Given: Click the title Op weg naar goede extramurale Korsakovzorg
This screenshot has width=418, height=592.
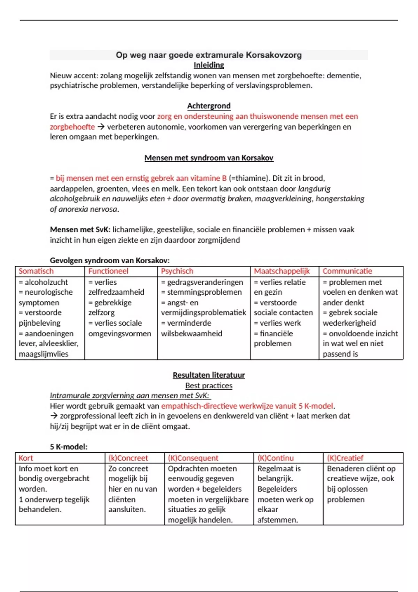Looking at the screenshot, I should pyautogui.click(x=209, y=55).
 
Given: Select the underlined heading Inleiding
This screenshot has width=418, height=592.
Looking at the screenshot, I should pyautogui.click(x=209, y=65).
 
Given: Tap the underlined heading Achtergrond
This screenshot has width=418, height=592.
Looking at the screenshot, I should pyautogui.click(x=209, y=106).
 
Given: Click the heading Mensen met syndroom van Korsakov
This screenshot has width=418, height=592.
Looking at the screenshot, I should pyautogui.click(x=209, y=158).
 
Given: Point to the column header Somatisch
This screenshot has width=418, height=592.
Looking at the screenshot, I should pyautogui.click(x=36, y=271).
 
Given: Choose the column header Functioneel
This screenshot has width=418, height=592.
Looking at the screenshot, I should pyautogui.click(x=108, y=271).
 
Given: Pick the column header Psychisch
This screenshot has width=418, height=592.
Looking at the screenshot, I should pyautogui.click(x=177, y=271).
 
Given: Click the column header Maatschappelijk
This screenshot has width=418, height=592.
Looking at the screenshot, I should pyautogui.click(x=281, y=271).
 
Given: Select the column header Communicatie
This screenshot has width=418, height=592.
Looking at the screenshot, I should pyautogui.click(x=347, y=271).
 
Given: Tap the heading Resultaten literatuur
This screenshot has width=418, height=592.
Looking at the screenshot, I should pyautogui.click(x=209, y=375).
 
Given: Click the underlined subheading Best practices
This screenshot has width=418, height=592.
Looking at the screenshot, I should pyautogui.click(x=209, y=385).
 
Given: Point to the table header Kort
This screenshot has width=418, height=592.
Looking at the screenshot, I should pyautogui.click(x=26, y=458).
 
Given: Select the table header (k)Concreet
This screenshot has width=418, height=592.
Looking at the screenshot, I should pyautogui.click(x=128, y=458).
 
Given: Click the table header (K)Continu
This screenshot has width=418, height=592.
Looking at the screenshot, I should pyautogui.click(x=275, y=458).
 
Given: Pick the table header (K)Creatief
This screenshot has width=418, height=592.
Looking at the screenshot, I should pyautogui.click(x=345, y=458).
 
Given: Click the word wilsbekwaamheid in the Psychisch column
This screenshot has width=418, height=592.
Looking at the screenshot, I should pyautogui.click(x=191, y=334).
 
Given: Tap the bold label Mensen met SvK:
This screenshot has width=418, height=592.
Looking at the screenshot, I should pyautogui.click(x=80, y=230).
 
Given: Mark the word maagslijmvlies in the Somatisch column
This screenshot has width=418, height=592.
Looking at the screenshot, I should pyautogui.click(x=43, y=354).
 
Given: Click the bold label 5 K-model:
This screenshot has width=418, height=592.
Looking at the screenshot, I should pyautogui.click(x=68, y=447).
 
